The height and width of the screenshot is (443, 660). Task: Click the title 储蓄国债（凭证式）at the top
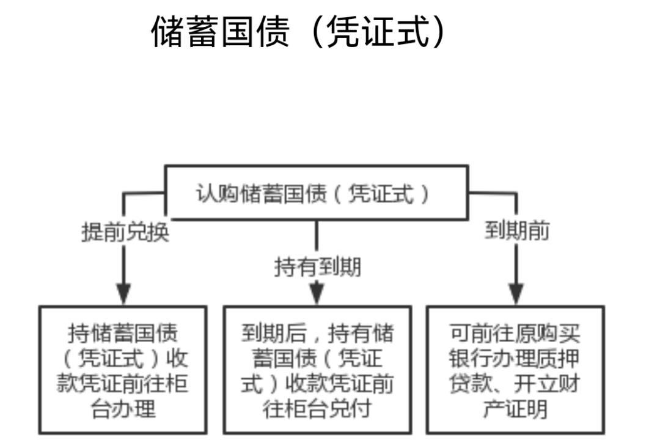point(299,32)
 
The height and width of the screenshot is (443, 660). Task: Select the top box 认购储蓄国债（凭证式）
point(316,193)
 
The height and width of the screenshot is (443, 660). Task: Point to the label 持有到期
point(317,267)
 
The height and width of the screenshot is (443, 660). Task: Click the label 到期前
point(517,232)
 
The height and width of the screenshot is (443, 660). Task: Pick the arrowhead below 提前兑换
point(125,294)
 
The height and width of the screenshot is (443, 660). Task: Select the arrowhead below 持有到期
point(317,295)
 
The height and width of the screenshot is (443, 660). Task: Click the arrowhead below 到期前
point(517,294)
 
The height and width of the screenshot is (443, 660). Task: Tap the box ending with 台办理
point(125,370)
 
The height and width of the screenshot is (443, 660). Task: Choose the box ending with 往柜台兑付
point(317,370)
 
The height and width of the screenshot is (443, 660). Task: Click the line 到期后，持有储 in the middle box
point(317,334)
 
